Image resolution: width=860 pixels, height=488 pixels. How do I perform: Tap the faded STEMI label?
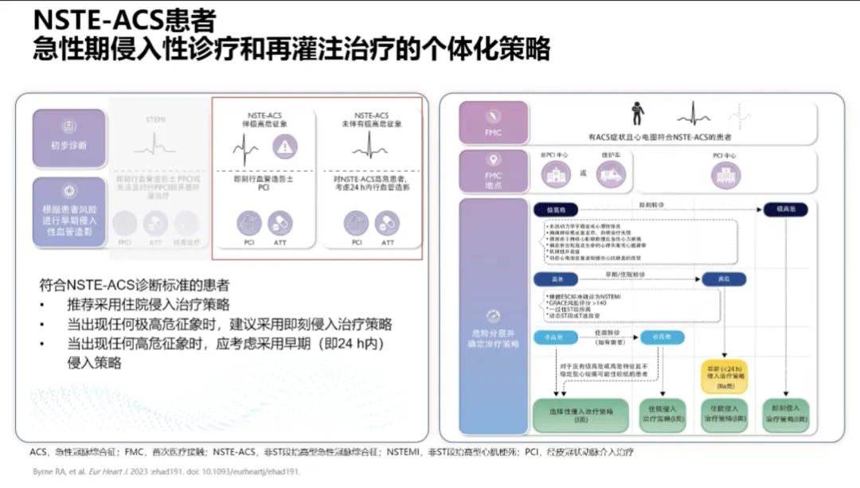pyautogui.click(x=156, y=119)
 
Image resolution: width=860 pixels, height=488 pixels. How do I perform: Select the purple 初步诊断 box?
pyautogui.click(x=69, y=138)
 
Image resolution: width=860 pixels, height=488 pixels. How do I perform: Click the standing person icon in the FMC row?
pyautogui.click(x=637, y=113)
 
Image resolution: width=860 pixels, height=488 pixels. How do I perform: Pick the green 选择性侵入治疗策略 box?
pyautogui.click(x=571, y=415)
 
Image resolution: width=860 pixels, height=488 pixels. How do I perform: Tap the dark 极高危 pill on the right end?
pyautogui.click(x=785, y=209)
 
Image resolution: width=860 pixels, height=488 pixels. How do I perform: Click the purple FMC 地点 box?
pyautogui.click(x=494, y=171)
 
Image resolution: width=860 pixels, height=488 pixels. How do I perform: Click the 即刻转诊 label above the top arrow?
pyautogui.click(x=647, y=204)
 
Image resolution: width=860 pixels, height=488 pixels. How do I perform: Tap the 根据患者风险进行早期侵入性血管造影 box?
pyautogui.click(x=69, y=211)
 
